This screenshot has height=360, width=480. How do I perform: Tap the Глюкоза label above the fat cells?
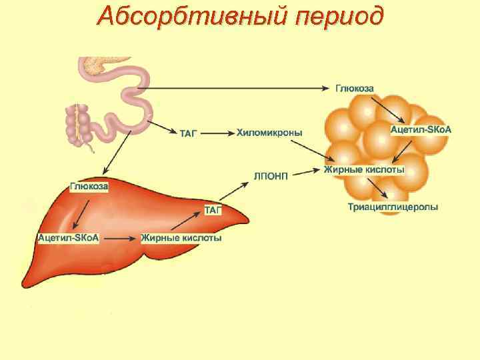click(354, 88)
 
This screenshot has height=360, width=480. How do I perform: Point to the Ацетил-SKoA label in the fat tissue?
click(420, 129)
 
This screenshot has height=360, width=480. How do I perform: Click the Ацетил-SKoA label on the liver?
click(68, 238)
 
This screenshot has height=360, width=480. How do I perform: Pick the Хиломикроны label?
click(269, 133)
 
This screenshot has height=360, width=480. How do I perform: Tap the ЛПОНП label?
click(271, 175)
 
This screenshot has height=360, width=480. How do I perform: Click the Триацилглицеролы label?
click(393, 207)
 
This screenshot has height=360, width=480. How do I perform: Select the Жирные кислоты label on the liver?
click(181, 238)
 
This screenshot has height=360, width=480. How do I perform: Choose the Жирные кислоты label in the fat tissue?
click(364, 170)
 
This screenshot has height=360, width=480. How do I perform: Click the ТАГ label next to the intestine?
click(189, 134)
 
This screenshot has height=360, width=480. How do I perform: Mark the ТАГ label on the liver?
click(213, 211)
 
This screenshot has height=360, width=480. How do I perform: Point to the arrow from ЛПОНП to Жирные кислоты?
click(306, 172)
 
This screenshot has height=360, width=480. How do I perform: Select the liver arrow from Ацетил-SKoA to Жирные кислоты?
click(119, 238)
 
